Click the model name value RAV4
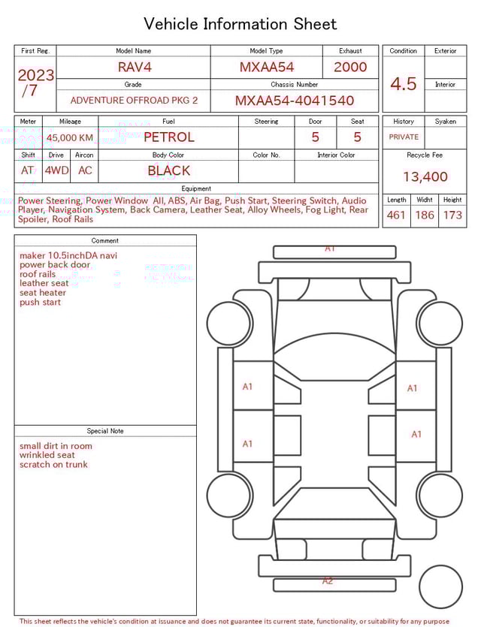135,67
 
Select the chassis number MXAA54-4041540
295,101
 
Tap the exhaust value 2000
350,67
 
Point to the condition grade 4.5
403,84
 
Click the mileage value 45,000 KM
70,137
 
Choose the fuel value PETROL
168,137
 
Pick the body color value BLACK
168,170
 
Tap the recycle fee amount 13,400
425,176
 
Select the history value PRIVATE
404,137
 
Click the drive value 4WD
56,170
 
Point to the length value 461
396,216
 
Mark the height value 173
452,216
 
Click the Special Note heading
105,431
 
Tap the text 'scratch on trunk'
53,465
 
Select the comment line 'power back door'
55,265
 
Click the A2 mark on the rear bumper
328,580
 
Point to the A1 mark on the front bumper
329,248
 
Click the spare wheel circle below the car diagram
440,586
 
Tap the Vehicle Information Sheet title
240,24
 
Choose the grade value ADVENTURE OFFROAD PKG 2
134,101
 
